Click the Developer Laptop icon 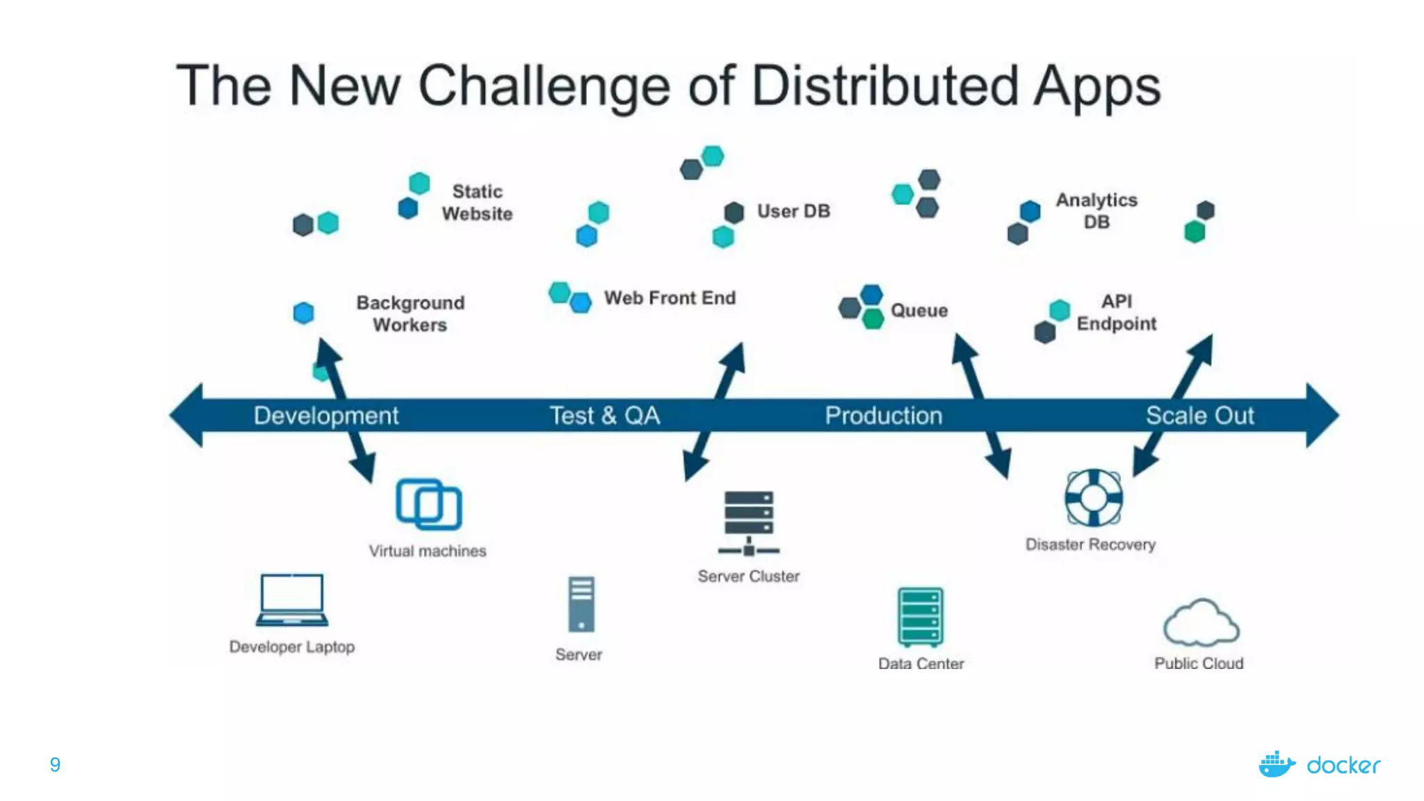292,599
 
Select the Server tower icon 581,604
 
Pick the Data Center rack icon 921,617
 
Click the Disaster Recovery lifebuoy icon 1093,498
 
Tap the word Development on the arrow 326,416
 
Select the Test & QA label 605,416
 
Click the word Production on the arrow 884,416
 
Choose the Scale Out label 1199,416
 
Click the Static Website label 477,202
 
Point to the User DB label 793,211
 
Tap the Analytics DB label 1097,211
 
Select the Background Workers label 410,314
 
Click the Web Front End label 670,298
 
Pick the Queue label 919,311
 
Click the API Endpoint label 1117,312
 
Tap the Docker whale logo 1277,764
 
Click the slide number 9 55,765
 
